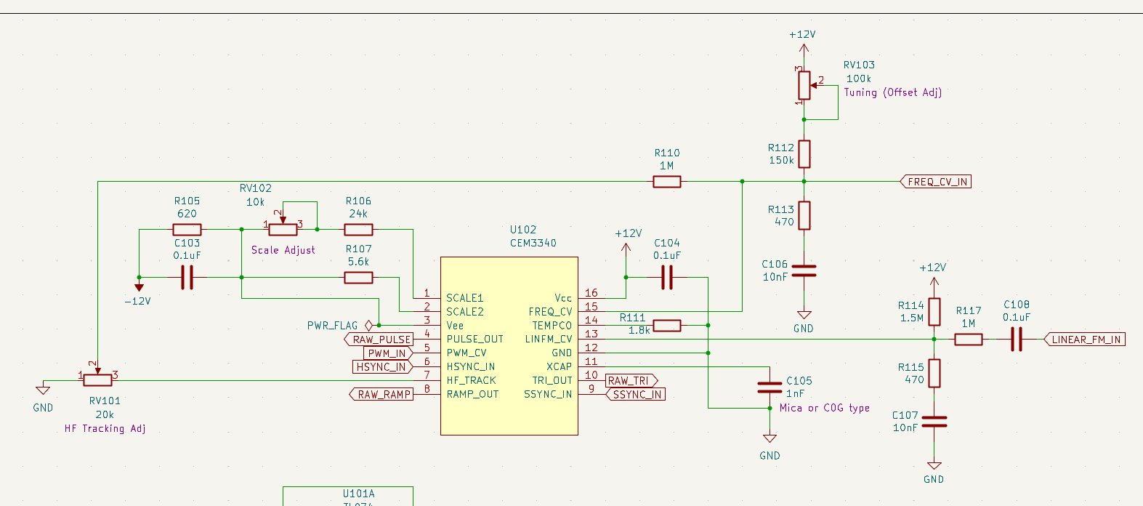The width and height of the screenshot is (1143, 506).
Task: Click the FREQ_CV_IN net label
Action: tap(937, 182)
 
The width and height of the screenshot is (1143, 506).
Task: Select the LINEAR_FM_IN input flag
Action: tap(1086, 340)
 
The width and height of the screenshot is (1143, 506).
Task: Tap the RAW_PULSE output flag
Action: tap(380, 340)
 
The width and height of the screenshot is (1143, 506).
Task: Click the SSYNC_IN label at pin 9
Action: tap(636, 394)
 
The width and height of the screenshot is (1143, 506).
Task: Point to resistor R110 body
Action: tap(666, 182)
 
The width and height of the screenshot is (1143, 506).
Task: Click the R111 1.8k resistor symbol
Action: tap(666, 326)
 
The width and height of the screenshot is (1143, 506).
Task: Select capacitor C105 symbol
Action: tap(770, 387)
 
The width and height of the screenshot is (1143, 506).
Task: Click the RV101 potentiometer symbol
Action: tap(97, 379)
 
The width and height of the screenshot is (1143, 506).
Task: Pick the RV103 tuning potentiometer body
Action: tap(804, 85)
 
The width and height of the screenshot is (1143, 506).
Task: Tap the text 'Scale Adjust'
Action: tap(283, 250)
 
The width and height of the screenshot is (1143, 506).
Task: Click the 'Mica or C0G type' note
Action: tap(824, 409)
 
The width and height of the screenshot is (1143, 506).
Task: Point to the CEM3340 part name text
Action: tap(533, 244)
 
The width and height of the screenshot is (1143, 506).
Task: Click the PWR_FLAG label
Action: tap(332, 326)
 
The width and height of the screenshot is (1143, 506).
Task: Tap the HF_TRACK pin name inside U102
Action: tap(471, 380)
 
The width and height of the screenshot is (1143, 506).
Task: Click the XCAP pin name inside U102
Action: tap(559, 366)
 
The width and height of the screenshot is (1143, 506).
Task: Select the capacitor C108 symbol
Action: tap(1016, 340)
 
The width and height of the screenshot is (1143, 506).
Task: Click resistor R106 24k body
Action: tap(358, 230)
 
